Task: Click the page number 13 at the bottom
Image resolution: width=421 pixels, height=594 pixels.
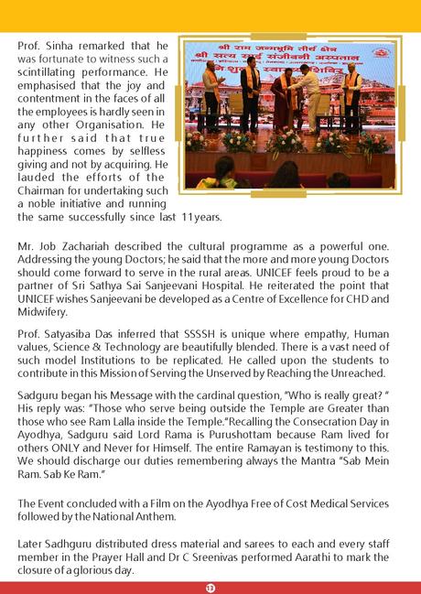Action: [210, 587]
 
